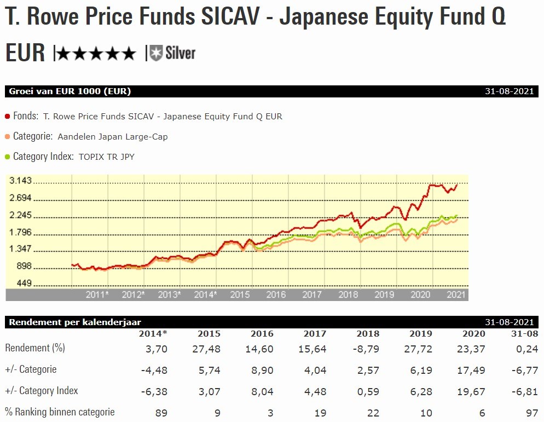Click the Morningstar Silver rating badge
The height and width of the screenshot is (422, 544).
[x=172, y=53]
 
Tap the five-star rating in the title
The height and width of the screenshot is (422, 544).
[x=96, y=53]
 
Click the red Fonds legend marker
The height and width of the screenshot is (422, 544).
[x=8, y=116]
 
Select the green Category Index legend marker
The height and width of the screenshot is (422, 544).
[x=8, y=157]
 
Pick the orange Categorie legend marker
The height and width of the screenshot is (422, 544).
[x=8, y=136]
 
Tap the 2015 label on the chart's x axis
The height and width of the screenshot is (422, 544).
[x=240, y=294]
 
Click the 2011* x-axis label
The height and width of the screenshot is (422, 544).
[x=97, y=294]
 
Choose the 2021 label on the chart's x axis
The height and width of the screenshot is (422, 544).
[x=456, y=294]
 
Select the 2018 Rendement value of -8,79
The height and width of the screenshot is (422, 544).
[x=368, y=349]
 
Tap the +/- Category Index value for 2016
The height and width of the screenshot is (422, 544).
[x=262, y=391]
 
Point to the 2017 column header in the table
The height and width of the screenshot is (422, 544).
[x=315, y=333]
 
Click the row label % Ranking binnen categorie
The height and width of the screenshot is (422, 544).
[x=60, y=412]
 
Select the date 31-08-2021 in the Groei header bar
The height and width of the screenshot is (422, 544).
[x=509, y=91]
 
